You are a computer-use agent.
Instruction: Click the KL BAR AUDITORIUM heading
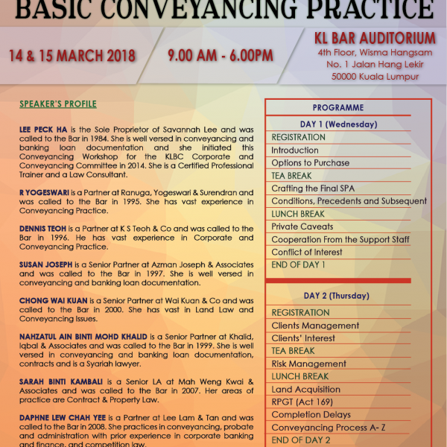tap(375, 37)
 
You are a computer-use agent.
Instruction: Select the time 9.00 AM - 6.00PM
tap(220, 56)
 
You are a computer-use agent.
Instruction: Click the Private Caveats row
tap(302, 226)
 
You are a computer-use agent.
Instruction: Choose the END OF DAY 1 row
tap(298, 264)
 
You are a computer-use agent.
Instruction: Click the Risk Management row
tap(308, 364)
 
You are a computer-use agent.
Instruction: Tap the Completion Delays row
tap(311, 414)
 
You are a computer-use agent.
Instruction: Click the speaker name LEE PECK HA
tap(46, 129)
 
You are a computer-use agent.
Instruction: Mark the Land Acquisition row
tap(308, 389)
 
